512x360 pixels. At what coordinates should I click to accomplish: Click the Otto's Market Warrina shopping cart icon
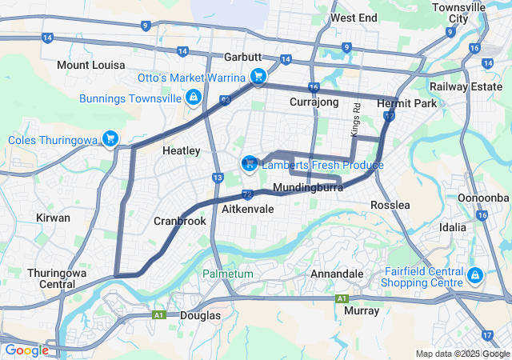click(x=258, y=77)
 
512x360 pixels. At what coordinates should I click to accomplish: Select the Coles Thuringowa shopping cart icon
click(x=110, y=140)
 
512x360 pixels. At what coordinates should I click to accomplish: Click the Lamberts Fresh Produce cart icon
click(x=249, y=164)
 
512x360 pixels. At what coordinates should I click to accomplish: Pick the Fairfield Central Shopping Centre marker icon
click(x=474, y=276)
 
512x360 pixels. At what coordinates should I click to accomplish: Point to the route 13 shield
click(x=218, y=178)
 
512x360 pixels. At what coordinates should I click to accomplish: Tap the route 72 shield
click(x=247, y=194)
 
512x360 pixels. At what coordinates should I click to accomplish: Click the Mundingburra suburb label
click(x=308, y=188)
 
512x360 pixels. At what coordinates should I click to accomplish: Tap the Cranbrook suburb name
click(x=180, y=221)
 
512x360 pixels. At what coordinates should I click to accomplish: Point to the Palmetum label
click(x=227, y=274)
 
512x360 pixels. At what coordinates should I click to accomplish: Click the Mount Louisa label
click(x=90, y=64)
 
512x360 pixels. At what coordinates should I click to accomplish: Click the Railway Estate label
click(x=465, y=86)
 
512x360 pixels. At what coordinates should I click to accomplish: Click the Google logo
click(x=26, y=350)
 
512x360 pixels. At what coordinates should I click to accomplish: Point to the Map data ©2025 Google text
click(x=462, y=354)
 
